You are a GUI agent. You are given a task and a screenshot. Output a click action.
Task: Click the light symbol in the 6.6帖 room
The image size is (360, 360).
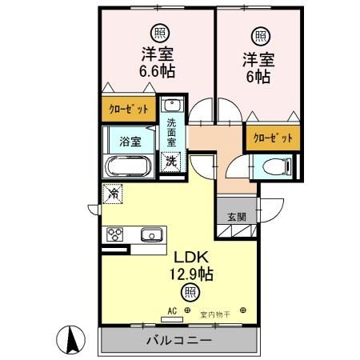(160, 33)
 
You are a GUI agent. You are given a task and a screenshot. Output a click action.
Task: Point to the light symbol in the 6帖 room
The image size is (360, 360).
(261, 36)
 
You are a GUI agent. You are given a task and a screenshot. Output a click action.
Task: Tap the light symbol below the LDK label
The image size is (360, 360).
(189, 292)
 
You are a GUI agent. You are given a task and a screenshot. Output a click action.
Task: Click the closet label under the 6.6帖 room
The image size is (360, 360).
(129, 109)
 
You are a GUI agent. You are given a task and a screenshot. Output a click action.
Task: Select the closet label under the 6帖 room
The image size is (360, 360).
(273, 138)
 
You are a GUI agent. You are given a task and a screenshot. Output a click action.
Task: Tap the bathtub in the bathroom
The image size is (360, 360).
(128, 166)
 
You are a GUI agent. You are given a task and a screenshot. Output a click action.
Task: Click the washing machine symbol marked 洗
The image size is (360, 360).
(171, 160)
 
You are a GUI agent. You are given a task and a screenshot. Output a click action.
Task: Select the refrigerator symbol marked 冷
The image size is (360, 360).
(114, 193)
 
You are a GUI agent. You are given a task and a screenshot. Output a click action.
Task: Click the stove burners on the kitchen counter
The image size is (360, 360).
(115, 234)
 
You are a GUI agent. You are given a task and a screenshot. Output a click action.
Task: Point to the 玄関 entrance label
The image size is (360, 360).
(237, 217)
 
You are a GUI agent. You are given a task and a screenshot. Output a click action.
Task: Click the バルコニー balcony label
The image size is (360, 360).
(178, 340)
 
